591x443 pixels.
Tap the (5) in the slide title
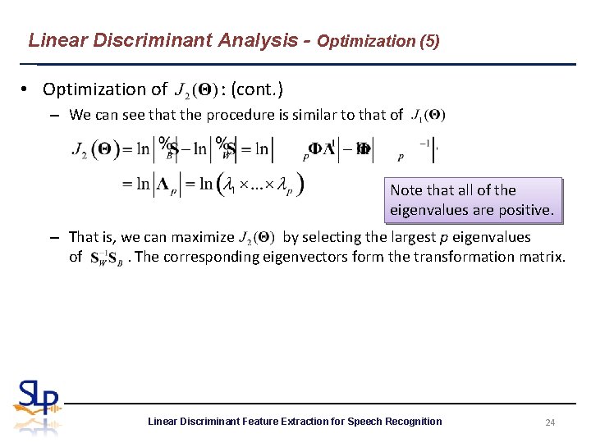(428, 41)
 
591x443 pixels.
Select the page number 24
(551, 422)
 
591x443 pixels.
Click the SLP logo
(37, 407)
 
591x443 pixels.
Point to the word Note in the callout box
(406, 190)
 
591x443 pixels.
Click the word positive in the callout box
(526, 210)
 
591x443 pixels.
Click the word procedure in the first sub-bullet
(211, 115)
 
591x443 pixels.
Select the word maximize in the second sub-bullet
(204, 237)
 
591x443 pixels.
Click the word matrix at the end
(544, 257)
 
